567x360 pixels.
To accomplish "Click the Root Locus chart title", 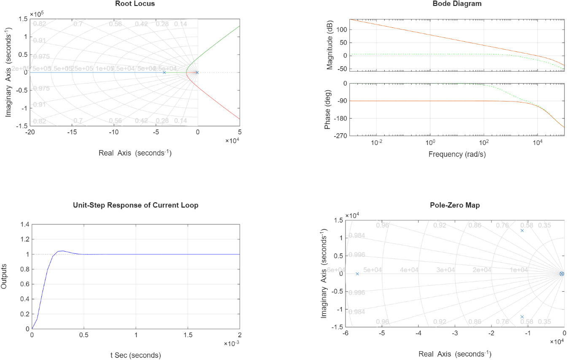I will [x=135, y=4].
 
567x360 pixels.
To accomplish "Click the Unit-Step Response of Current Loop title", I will [x=135, y=205].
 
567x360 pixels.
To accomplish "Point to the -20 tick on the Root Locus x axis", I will [x=30, y=132].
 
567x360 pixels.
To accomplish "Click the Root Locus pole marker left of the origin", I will [x=164, y=73].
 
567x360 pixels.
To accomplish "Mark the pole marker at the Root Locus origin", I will [x=197, y=73].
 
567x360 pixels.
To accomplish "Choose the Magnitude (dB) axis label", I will [x=329, y=44].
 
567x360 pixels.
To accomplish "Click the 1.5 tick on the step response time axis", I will [x=188, y=334].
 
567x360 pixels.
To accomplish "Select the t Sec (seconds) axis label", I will [x=135, y=355].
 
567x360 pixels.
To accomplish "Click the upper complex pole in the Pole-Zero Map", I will [x=522, y=230].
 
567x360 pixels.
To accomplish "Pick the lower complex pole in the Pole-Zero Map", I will [x=522, y=317].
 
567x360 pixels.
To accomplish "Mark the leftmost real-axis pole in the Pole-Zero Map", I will [x=357, y=274].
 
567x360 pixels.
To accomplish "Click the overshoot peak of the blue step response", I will [x=62, y=251].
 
